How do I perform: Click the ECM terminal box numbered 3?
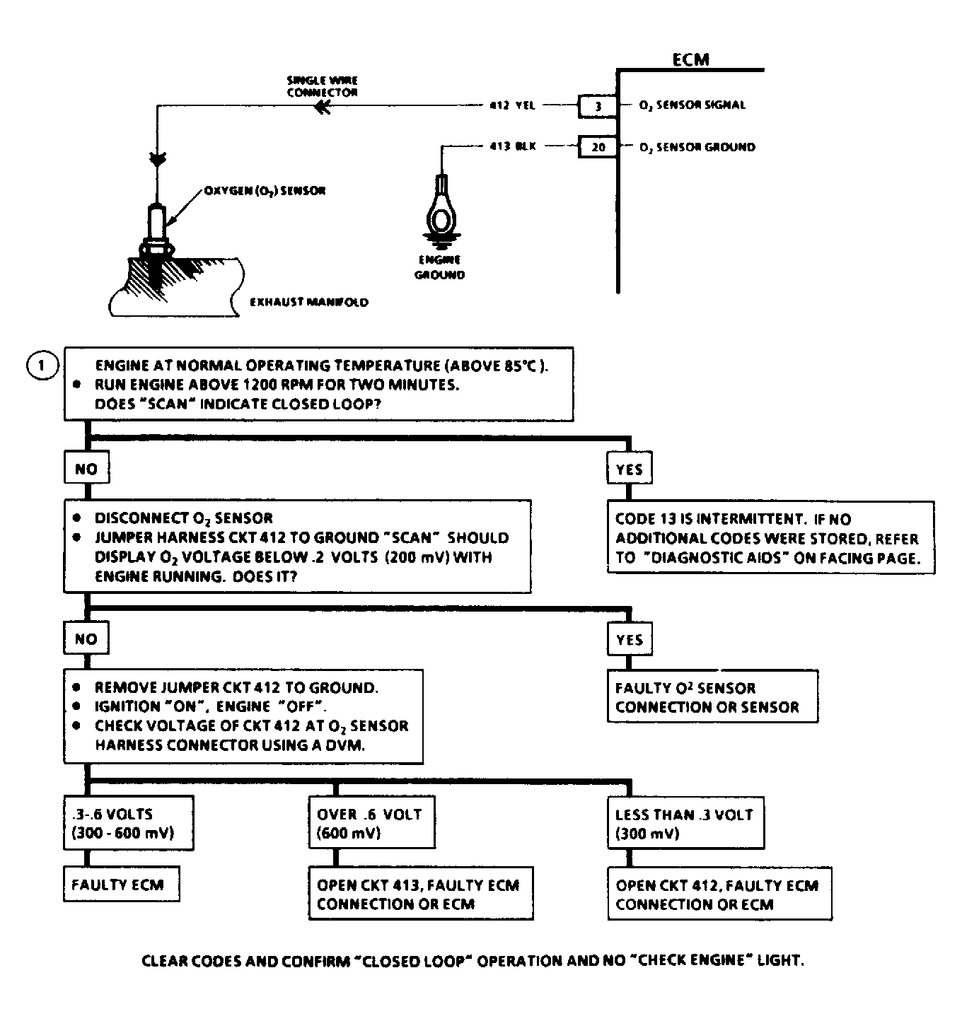point(598,106)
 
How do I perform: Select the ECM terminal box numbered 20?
point(598,147)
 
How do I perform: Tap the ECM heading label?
point(690,60)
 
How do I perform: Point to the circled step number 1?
point(42,366)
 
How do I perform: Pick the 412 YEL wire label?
point(512,105)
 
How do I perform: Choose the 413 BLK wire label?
point(512,146)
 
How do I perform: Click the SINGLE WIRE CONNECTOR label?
point(322,86)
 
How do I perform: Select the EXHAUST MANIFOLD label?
point(309,302)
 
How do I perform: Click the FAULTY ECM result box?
point(120,885)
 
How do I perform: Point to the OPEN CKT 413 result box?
point(420,894)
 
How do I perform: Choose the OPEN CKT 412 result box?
point(719,894)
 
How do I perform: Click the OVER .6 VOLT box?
point(371,823)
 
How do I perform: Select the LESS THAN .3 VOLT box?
point(685,823)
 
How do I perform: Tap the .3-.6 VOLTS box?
point(127,823)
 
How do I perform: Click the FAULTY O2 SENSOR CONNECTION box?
point(712,697)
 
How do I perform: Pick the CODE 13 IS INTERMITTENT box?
point(770,538)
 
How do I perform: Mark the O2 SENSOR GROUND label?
point(697,147)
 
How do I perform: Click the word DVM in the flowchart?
point(344,745)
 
